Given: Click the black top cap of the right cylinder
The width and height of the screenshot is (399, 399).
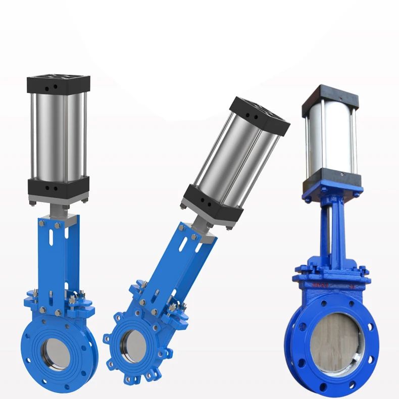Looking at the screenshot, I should (x=330, y=99).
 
